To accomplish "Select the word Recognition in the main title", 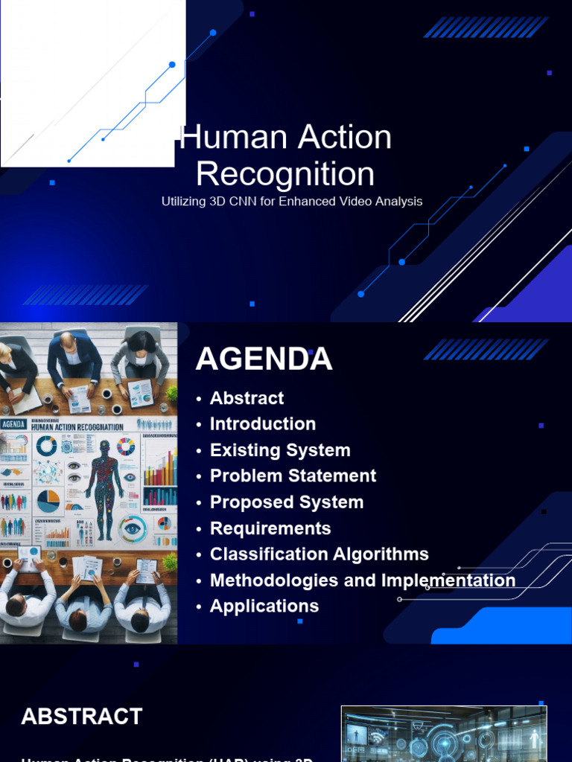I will coord(285,174).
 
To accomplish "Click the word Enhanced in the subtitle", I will coord(305,202).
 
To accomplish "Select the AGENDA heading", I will coord(264,359).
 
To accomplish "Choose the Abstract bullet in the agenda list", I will coord(247,398).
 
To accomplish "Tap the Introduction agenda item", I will coord(262,424).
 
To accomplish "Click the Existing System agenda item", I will coord(280,450).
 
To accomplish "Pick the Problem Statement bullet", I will coord(293,476).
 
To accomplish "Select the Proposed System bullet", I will coord(287,502).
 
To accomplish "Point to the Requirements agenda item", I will coord(270,528).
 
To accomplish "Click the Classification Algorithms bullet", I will coord(319,554).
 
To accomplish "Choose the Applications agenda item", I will coord(264,606).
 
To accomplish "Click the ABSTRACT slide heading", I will coord(82,717).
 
